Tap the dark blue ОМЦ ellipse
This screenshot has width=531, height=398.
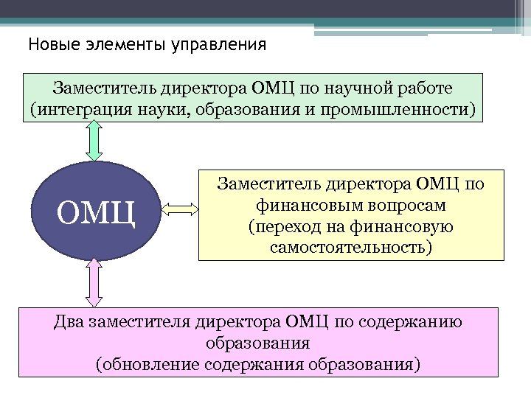pyautogui.click(x=95, y=210)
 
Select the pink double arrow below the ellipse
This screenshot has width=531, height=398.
pyautogui.click(x=94, y=282)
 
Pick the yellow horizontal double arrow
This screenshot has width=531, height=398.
pyautogui.click(x=176, y=210)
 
